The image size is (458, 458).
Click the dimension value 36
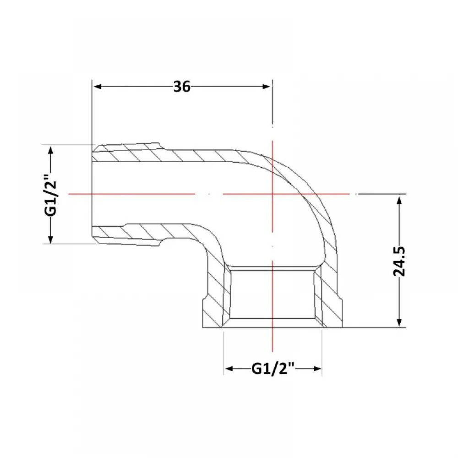pos(182,87)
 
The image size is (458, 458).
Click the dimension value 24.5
pos(399,262)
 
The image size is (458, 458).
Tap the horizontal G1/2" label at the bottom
pos(273,369)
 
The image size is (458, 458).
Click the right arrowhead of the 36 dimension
pos(267,87)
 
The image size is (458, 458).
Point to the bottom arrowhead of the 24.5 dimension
pos(399,322)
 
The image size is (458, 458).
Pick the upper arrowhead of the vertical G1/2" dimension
pos(51,151)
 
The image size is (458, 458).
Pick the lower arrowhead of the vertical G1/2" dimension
pos(51,238)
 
